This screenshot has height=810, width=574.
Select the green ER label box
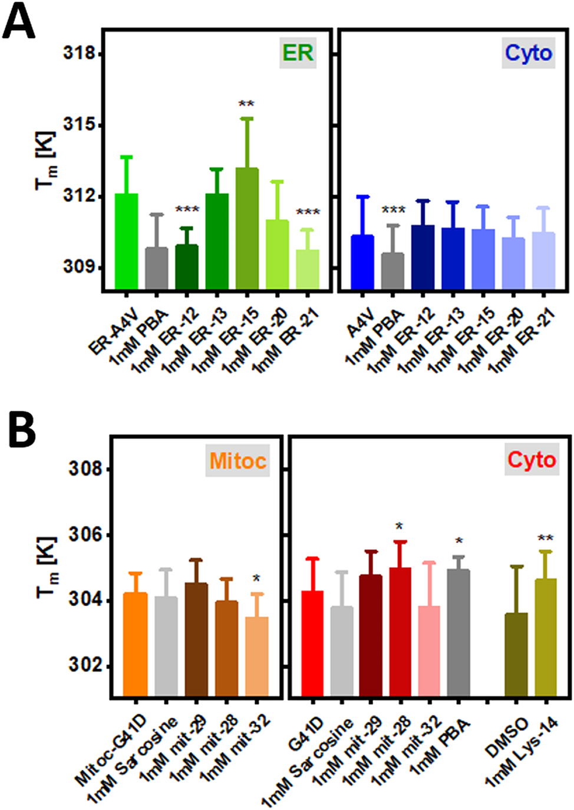pos(298,53)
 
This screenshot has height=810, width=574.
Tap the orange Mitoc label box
pos(237,460)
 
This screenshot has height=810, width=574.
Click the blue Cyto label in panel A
pos(528,53)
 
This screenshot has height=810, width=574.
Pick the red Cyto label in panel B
pos(532,460)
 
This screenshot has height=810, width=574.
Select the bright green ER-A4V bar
pos(126,242)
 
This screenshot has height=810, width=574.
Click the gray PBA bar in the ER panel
pos(157,268)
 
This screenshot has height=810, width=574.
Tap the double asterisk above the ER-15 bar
pos(246,105)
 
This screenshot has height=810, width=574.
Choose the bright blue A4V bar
pos(362,262)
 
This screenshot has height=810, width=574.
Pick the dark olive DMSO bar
pos(516,654)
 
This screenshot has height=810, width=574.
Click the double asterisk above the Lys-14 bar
pos(545,538)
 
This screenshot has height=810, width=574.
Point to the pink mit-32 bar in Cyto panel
pos(428,651)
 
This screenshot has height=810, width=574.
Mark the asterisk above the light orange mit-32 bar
pos(256,579)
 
